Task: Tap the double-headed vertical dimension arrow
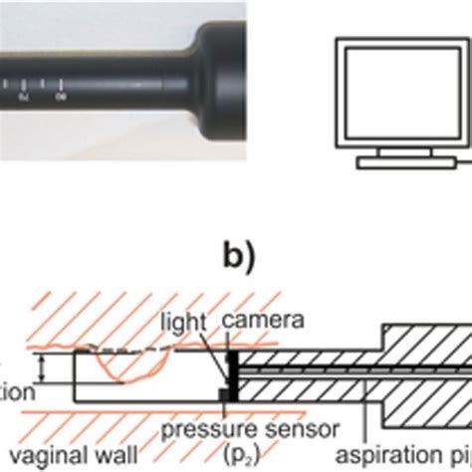(42, 370)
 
